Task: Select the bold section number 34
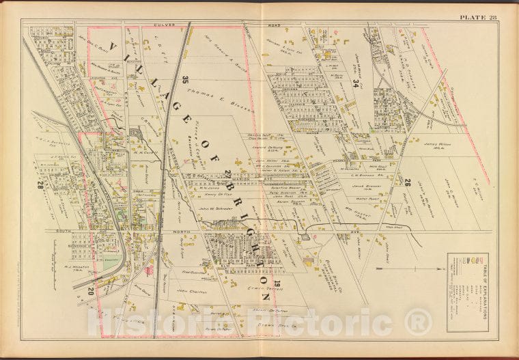[x=356, y=84]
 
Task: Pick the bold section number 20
[x=90, y=292]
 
